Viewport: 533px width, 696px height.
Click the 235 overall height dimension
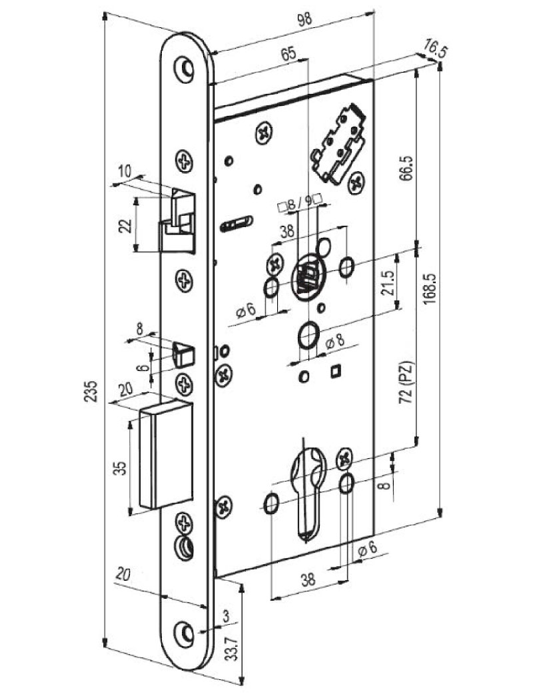tap(91, 391)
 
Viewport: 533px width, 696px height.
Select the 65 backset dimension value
tap(288, 54)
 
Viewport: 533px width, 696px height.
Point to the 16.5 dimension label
tap(434, 48)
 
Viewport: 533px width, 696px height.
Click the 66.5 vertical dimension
tap(405, 168)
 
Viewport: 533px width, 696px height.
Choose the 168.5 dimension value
tap(430, 289)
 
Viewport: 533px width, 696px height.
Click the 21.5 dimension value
tap(387, 283)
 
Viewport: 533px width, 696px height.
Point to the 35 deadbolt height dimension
tap(119, 469)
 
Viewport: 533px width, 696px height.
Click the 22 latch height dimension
tap(126, 226)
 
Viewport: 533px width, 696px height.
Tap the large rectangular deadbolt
tap(166, 454)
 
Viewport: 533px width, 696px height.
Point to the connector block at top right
tap(338, 144)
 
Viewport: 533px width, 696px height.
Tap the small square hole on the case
tap(336, 371)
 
